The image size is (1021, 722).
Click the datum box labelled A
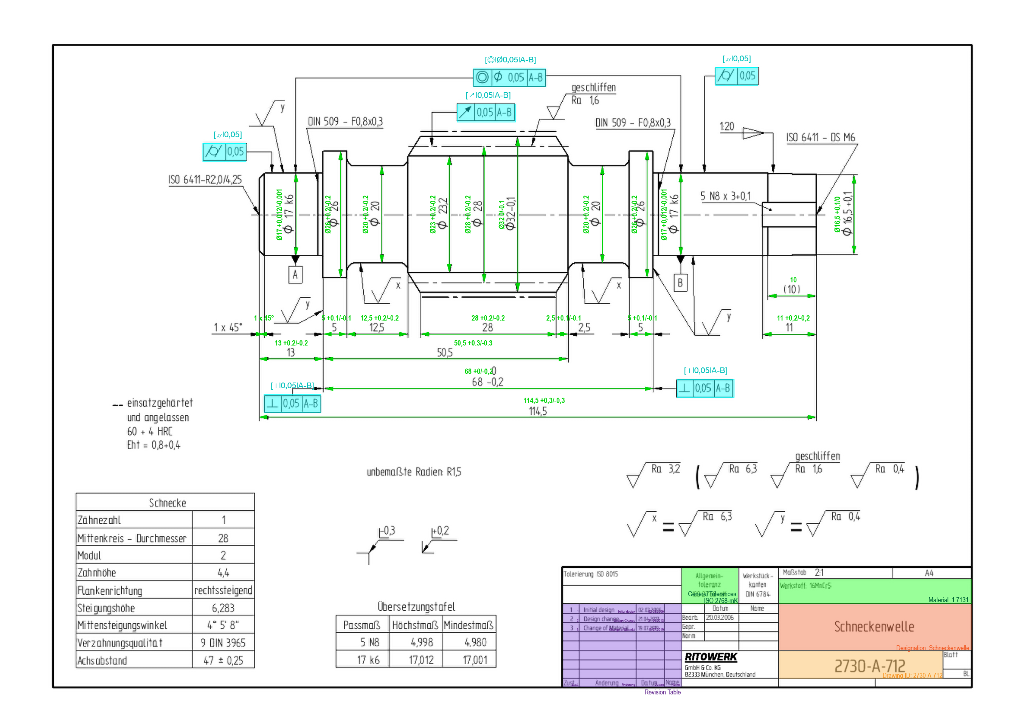click(295, 275)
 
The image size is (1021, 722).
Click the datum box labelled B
click(680, 283)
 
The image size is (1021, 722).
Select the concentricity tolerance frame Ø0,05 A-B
click(509, 77)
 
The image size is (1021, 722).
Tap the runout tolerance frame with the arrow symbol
click(486, 112)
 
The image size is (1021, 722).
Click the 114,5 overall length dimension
click(538, 411)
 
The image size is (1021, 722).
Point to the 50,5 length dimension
click(445, 353)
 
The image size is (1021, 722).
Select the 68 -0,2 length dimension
click(487, 382)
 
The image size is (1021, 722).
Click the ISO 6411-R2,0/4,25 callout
click(205, 180)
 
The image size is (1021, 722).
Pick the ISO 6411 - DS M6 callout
click(821, 137)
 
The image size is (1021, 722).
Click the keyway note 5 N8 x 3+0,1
click(725, 196)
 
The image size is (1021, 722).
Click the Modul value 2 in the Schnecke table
click(223, 555)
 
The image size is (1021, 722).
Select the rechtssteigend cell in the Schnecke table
click(223, 590)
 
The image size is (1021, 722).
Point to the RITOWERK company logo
click(711, 657)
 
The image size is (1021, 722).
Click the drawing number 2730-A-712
click(869, 666)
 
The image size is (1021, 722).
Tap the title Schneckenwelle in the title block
click(874, 626)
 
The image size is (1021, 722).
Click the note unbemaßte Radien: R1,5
click(414, 472)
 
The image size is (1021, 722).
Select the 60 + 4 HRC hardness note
click(149, 431)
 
